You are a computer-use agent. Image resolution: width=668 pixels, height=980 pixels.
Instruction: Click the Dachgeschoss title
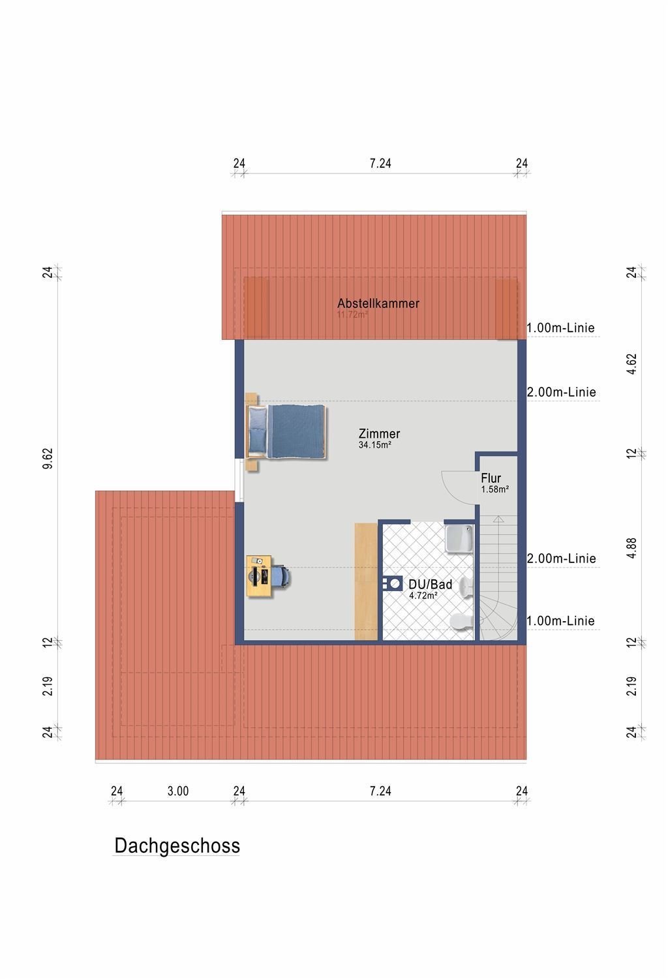tap(177, 846)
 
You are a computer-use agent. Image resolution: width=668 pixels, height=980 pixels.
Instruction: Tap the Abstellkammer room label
tap(378, 303)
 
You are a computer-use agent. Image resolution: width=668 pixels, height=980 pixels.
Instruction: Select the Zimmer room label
tap(379, 433)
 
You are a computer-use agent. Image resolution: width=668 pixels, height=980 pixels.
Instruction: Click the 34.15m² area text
tap(374, 446)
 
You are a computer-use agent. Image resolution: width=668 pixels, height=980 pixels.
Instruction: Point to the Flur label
tap(491, 478)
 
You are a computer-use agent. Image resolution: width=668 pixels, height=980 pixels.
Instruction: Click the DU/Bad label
tap(430, 585)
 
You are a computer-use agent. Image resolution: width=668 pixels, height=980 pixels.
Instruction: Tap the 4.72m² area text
tap(423, 596)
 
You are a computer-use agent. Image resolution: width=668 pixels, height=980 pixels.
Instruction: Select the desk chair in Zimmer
tap(281, 576)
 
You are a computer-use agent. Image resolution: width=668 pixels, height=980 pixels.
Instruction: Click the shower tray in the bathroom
tap(459, 538)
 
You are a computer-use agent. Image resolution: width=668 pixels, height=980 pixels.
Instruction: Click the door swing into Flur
tap(457, 486)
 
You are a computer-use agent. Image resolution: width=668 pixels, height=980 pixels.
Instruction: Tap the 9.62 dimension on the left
tap(48, 459)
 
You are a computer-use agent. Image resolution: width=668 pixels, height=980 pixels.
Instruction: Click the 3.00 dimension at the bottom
tap(177, 791)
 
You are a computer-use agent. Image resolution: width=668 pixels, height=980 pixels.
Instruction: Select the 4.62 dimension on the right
tap(631, 363)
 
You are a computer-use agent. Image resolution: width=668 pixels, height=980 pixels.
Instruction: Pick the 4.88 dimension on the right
tap(631, 547)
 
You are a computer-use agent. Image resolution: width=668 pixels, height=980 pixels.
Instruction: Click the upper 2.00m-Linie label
tap(561, 392)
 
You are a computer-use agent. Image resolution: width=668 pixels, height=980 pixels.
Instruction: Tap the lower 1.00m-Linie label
tap(560, 620)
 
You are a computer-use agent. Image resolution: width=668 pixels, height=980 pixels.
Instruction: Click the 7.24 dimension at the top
tap(380, 163)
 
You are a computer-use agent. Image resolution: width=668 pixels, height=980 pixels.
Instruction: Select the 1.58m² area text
tap(495, 489)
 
